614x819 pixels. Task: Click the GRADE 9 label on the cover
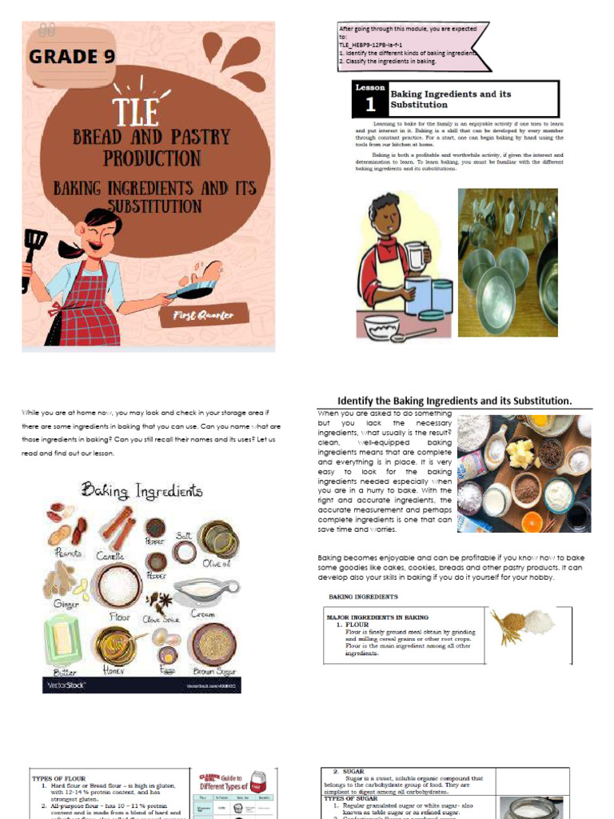[x=73, y=57]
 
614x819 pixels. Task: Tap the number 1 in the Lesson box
[x=369, y=105]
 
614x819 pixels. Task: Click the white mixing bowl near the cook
[x=381, y=326]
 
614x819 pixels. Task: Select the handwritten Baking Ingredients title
[x=142, y=489]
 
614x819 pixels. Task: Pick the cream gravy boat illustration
[x=205, y=592]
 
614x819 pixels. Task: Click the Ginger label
[x=66, y=604]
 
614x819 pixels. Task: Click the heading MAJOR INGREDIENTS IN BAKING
[x=377, y=617]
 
